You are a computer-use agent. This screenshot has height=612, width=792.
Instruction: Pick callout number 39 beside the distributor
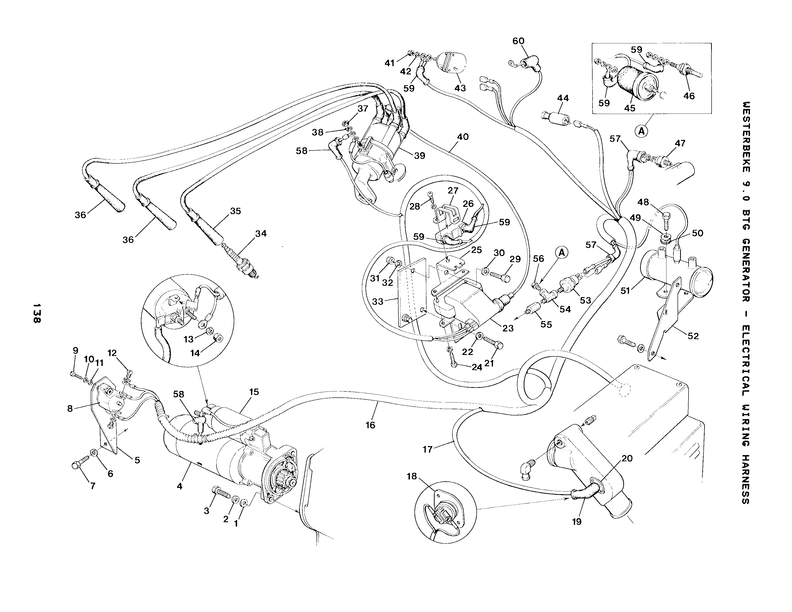pos(420,156)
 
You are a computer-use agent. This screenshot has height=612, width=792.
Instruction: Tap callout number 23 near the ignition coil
pos(508,328)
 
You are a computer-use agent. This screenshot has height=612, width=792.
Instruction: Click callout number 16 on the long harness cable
pos(370,425)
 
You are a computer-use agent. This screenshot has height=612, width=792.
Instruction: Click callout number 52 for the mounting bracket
pos(693,336)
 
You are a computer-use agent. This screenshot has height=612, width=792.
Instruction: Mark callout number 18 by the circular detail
pos(412,476)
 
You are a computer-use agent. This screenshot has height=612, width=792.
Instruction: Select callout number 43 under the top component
pos(460,88)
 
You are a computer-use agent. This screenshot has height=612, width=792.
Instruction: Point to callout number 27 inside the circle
pos(453,190)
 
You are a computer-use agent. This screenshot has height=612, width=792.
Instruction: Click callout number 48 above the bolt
pos(643,202)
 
